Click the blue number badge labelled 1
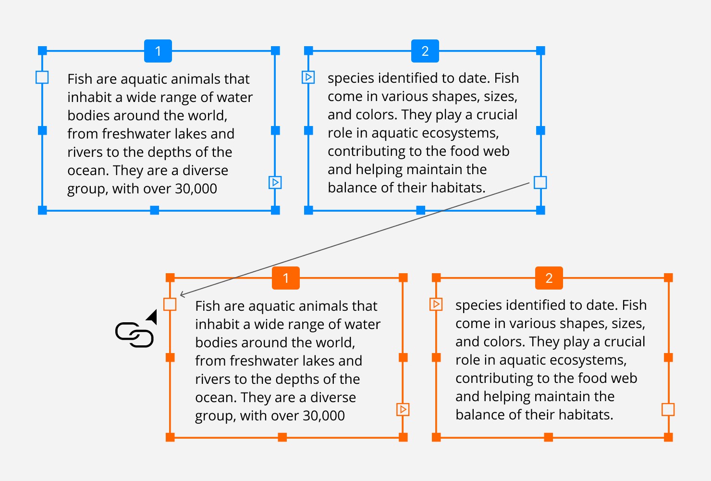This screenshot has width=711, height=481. point(158,51)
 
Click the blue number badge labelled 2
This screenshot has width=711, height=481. point(425,51)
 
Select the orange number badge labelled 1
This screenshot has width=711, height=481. point(286,278)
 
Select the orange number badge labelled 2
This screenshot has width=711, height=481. point(549,278)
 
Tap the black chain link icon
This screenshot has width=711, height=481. point(134,335)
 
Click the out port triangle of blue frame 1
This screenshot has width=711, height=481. point(275,182)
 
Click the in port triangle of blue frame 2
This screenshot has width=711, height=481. point(308,77)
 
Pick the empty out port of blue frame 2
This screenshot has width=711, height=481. point(540,182)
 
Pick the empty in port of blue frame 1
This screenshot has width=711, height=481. point(42,77)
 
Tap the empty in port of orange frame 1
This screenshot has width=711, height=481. point(170,304)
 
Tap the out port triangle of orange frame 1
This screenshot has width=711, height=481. point(403,409)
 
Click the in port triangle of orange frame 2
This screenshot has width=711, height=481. point(436,304)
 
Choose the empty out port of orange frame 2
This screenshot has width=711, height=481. point(668,409)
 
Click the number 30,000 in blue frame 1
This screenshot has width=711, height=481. point(196,189)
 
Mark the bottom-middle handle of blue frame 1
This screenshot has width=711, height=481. point(154,210)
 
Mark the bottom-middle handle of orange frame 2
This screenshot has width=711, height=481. point(549,437)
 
